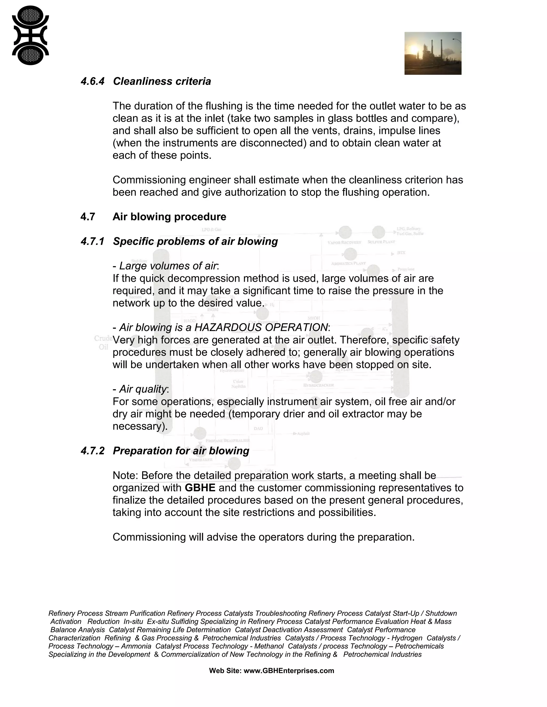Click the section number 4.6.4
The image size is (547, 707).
tap(92, 81)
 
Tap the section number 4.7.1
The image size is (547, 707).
tap(92, 241)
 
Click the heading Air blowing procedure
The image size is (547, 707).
tap(169, 217)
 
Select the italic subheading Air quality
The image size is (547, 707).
tap(143, 389)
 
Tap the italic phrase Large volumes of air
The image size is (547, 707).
tap(168, 266)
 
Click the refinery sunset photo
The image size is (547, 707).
tap(433, 53)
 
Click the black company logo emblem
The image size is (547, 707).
tap(30, 35)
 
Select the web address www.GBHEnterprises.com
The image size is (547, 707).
tap(288, 671)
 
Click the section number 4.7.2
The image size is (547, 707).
tap(92, 451)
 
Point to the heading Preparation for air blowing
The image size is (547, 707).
tap(181, 451)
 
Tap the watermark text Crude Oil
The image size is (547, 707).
tap(103, 343)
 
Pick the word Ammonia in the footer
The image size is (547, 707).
tap(136, 646)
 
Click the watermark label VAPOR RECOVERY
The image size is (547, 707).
tap(344, 242)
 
